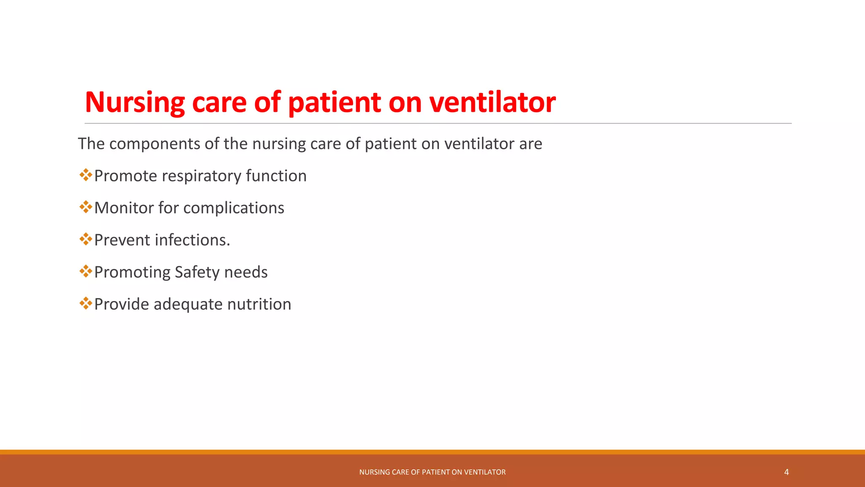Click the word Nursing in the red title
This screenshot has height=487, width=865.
(135, 102)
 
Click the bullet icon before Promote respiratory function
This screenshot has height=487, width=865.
(86, 175)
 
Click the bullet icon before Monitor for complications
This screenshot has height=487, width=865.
(86, 207)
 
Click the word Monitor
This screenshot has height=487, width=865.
(124, 208)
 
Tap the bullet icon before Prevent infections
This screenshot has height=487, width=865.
(86, 239)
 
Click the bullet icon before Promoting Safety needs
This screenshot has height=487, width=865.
(86, 271)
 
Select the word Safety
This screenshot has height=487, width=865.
(197, 272)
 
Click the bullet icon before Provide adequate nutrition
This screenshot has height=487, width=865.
(86, 304)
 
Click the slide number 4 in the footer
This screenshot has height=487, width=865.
(786, 472)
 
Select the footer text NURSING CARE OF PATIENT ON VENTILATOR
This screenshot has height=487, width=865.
(432, 472)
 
